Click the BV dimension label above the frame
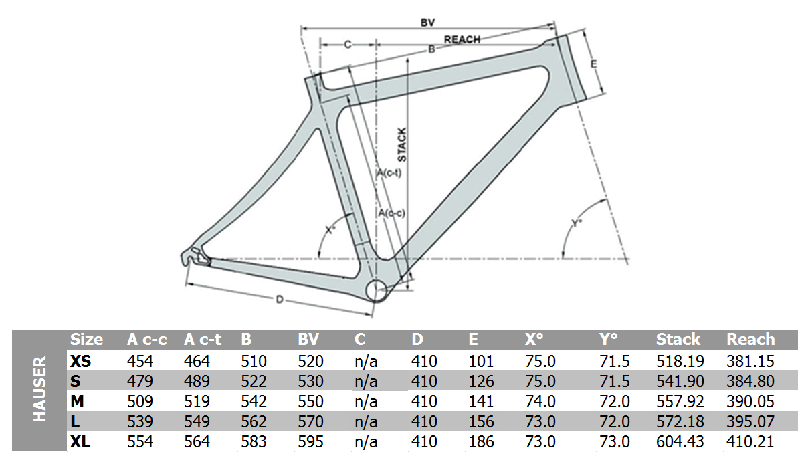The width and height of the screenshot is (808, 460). pos(428,23)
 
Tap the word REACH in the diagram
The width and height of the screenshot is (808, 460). pos(462,39)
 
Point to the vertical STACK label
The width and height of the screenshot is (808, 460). pos(402,144)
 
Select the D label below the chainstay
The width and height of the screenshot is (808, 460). pos(280,300)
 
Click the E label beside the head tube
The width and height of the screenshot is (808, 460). pos(593,64)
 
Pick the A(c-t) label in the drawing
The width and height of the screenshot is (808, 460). pos(389,172)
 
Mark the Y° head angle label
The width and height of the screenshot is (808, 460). pos(577,223)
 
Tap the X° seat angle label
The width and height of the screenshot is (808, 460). pos(330,229)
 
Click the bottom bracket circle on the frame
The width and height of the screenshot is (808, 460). pos(376,290)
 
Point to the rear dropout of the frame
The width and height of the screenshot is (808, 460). pos(195,257)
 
